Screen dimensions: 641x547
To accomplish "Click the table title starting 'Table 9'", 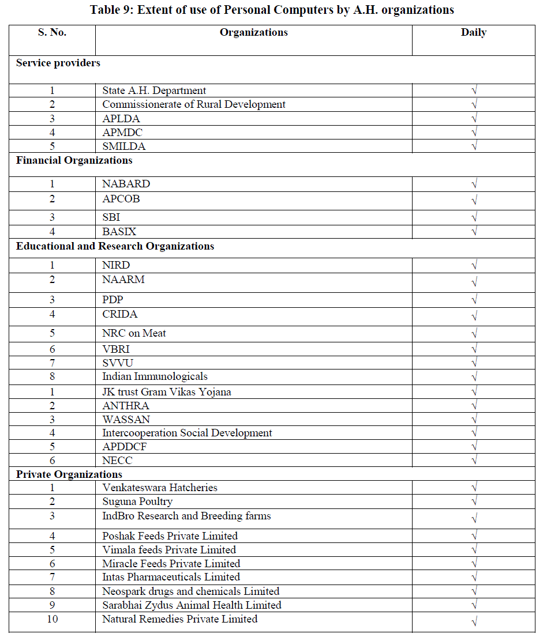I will point(272,10).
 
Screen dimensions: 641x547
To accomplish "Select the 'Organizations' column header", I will point(253,32).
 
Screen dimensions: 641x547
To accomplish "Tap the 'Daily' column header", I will point(473,32).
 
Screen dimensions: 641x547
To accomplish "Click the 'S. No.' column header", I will point(52,32).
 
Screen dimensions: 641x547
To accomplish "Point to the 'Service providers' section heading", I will point(58,62).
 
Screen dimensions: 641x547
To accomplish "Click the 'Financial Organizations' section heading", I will point(74,160).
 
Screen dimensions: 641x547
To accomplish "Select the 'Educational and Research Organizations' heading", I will point(115,246).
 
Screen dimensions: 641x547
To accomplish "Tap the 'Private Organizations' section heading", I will point(69,474).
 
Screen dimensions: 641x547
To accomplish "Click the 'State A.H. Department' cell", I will point(154,91).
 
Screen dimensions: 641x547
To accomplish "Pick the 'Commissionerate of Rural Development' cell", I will point(194,104).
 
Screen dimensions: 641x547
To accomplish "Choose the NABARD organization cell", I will point(126,184).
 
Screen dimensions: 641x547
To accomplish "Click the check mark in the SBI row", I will point(474,218).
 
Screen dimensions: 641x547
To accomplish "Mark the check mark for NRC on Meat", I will point(474,334).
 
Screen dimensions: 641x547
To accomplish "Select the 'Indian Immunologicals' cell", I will point(155,376).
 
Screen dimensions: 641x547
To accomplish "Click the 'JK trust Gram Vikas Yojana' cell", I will point(167,392).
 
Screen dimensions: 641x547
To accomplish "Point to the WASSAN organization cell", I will point(126,419).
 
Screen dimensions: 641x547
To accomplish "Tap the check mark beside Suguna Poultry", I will point(474,502).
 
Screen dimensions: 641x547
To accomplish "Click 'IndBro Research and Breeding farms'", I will point(186,515).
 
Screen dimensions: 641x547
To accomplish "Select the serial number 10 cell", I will point(52,619).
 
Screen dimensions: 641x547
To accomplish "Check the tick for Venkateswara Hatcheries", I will point(474,488).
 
